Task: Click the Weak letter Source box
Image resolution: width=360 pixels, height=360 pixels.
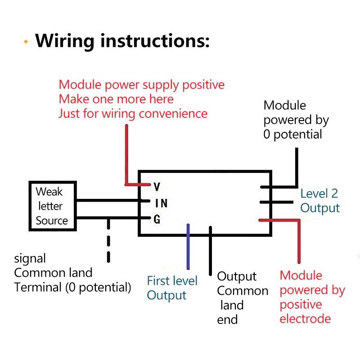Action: pos(52,206)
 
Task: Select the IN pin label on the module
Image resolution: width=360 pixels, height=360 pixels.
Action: pos(161,203)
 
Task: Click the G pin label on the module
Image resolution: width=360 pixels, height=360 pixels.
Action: pos(157,220)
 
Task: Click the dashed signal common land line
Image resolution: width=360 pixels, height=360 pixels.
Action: pos(108,241)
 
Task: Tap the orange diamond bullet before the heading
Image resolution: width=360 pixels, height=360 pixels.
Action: pos(26,42)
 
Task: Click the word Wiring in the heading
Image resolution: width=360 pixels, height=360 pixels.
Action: pos(65,41)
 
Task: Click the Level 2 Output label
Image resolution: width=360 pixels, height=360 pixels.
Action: pos(319,201)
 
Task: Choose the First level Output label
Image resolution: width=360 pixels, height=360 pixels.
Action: pos(172,288)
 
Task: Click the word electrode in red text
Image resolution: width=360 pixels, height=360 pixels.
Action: pos(305,319)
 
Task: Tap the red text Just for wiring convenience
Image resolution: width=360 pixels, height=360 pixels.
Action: pos(133,113)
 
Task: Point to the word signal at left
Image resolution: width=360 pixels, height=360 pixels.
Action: pos(30,258)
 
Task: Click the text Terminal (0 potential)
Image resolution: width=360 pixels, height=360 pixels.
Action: pos(72,287)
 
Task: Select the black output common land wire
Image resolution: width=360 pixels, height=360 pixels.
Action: pos(210,252)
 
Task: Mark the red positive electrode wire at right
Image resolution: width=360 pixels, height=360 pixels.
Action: pos(297,241)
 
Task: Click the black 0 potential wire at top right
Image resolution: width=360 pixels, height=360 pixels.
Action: pos(297,166)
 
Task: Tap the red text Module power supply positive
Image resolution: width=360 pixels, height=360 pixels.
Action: pos(141,85)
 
